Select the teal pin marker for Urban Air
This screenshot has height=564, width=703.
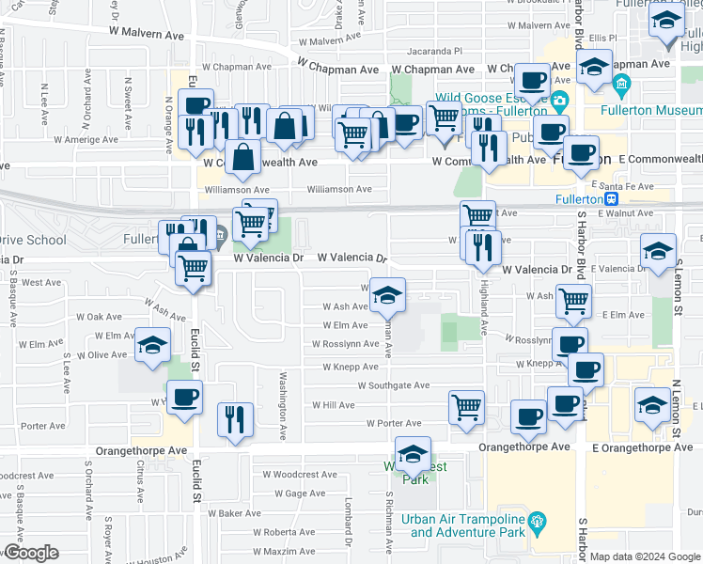[536, 520]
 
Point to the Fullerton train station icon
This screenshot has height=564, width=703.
[612, 199]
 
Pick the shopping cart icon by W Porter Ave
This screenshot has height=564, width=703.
[466, 407]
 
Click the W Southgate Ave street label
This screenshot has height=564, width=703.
[393, 385]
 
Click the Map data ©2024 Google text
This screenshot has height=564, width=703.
[645, 556]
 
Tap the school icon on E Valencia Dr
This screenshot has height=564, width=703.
[659, 251]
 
